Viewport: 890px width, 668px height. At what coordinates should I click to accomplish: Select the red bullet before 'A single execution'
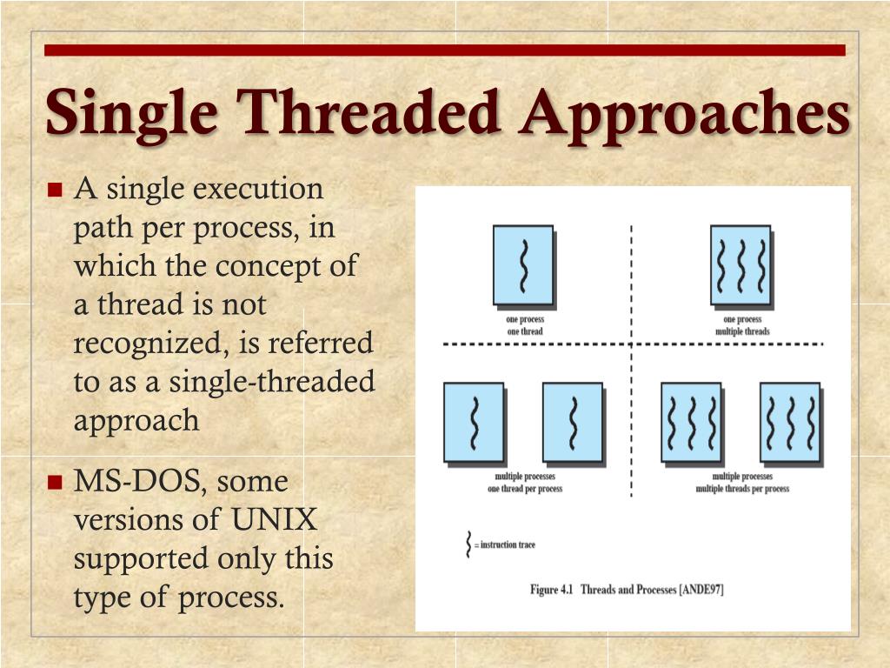pos(55,189)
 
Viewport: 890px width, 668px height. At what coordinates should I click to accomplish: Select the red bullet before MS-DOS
pos(55,482)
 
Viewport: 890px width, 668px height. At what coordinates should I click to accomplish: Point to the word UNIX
pos(274,519)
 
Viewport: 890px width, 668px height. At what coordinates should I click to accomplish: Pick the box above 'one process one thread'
pos(523,265)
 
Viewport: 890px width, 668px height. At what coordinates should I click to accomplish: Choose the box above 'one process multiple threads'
pos(741,265)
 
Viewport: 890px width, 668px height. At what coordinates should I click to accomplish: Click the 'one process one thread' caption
pos(525,325)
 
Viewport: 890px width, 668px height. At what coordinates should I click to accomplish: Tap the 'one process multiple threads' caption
pos(742,325)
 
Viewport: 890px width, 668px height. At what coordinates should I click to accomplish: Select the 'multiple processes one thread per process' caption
pos(525,482)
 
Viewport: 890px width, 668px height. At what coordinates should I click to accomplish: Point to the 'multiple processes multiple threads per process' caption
pos(742,482)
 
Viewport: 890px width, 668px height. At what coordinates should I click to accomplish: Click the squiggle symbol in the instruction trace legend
pos(468,544)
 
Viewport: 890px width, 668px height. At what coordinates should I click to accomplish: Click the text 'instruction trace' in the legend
pos(508,544)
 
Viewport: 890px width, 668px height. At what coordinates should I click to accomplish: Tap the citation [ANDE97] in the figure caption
pos(701,590)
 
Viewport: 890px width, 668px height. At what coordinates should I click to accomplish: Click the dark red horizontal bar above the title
pos(445,50)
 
